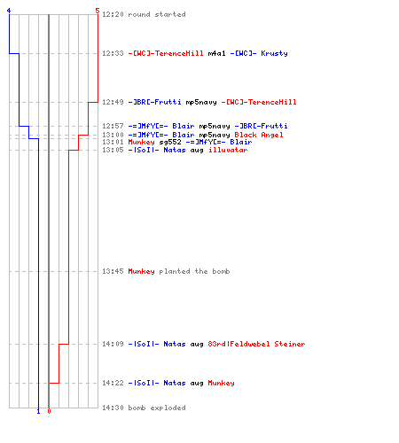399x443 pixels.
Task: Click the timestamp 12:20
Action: tap(113, 14)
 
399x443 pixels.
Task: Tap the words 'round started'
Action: tap(157, 14)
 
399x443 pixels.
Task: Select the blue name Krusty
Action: tap(274, 53)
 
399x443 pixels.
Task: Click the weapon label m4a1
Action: tap(216, 53)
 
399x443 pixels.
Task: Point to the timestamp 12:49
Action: tap(113, 102)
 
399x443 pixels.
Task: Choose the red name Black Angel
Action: tap(259, 135)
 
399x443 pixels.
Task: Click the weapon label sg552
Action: tap(170, 142)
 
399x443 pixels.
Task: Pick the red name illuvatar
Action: tap(228, 150)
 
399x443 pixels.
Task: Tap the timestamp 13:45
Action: tap(113, 271)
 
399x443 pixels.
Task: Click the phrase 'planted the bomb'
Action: tap(194, 271)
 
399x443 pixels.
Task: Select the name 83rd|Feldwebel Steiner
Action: tap(256, 344)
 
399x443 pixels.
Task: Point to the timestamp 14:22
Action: tap(113, 383)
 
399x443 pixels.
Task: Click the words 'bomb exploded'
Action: tap(157, 408)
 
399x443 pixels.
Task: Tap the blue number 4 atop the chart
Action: tap(9, 11)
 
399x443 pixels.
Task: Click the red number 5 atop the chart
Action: tap(98, 11)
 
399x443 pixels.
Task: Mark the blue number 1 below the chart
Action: tap(38, 411)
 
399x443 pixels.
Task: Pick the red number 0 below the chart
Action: tap(49, 411)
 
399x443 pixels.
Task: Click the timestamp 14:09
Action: tap(113, 344)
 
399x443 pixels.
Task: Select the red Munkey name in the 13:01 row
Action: tap(141, 142)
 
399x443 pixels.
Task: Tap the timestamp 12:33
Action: tap(113, 53)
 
